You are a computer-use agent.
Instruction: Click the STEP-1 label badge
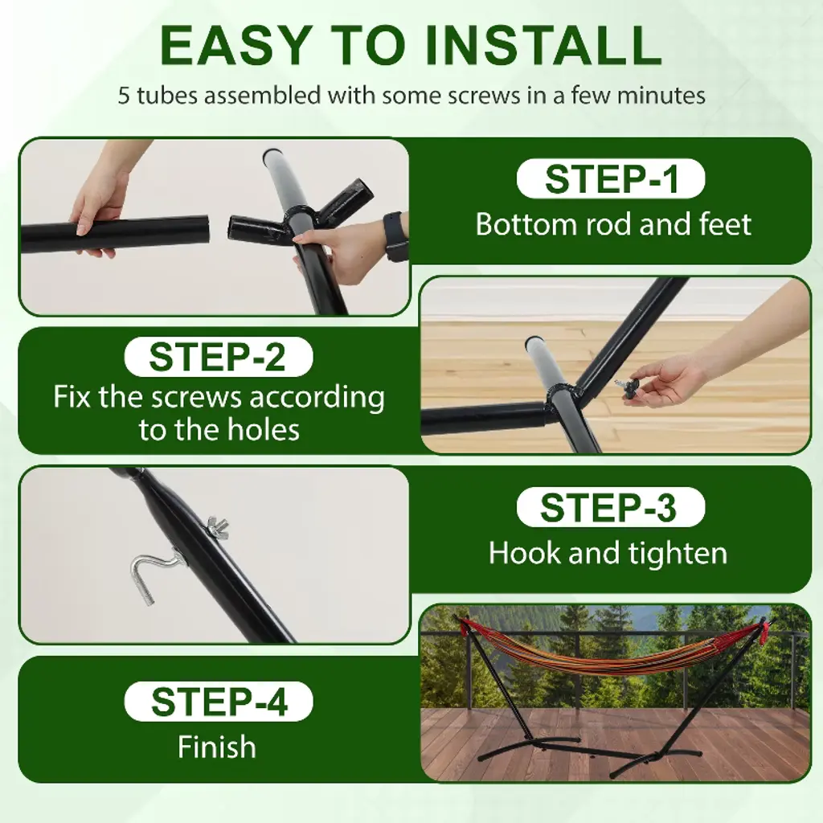611,178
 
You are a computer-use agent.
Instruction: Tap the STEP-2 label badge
219,356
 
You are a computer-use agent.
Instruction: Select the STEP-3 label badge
611,507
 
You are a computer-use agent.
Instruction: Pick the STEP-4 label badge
219,701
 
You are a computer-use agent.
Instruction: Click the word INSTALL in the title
543,46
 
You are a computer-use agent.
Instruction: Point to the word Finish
217,747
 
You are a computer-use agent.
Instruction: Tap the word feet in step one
725,224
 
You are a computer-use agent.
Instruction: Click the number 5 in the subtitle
123,96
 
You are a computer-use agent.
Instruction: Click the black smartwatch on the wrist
395,235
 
